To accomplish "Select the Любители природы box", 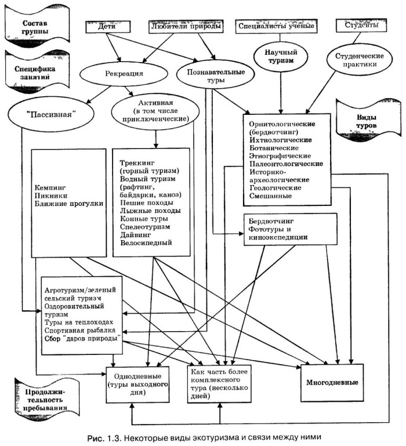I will pyautogui.click(x=186, y=27).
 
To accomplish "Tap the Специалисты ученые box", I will pyautogui.click(x=276, y=27).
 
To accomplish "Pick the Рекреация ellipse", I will pyautogui.click(x=125, y=74).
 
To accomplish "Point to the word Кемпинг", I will pyautogui.click(x=50, y=188).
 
